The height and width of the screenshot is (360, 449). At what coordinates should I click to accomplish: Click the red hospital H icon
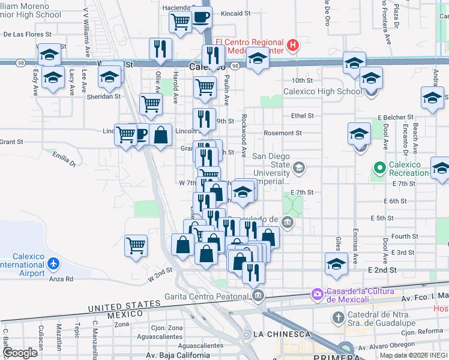(x=292, y=44)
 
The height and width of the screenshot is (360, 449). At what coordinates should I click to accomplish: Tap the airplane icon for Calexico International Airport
(x=53, y=264)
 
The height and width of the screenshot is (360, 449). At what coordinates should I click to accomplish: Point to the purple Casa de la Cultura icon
(x=316, y=294)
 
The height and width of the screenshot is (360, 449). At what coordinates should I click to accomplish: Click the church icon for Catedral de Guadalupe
(x=338, y=317)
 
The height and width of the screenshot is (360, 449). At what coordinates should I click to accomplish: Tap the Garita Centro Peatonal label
(x=208, y=296)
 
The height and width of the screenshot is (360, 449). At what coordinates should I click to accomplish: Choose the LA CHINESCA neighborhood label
(x=282, y=334)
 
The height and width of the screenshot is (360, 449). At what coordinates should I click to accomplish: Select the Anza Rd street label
(x=61, y=279)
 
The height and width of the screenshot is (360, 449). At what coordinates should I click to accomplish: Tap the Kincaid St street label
(x=235, y=13)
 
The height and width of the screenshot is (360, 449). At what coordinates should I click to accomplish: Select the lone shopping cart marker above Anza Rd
(x=136, y=245)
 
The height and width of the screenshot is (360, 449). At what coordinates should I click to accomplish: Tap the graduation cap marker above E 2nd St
(x=336, y=263)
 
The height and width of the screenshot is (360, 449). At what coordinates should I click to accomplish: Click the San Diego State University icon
(x=299, y=167)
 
